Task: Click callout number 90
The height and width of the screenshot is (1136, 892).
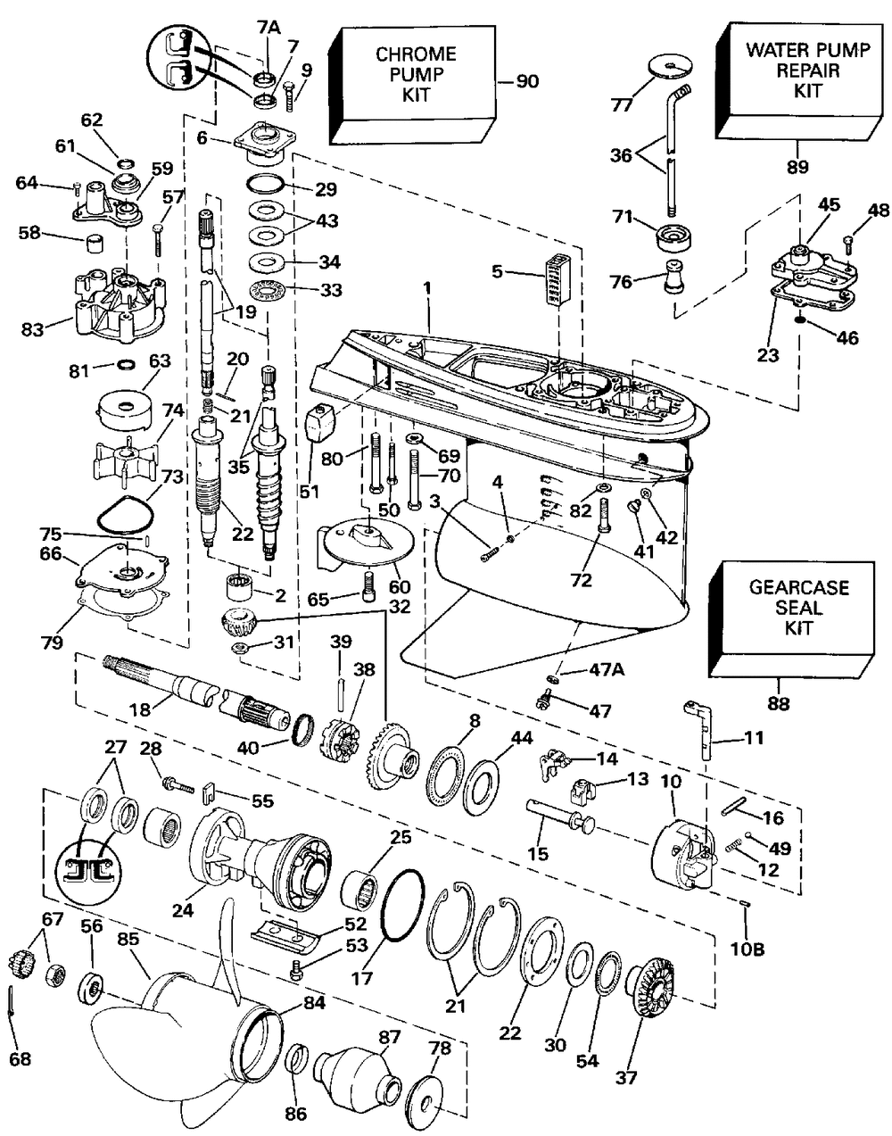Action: point(527,81)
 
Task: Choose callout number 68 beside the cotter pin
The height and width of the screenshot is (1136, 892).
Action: point(20,1058)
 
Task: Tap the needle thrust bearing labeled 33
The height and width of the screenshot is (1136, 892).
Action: point(268,291)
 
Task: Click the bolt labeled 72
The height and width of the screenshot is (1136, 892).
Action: point(604,516)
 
